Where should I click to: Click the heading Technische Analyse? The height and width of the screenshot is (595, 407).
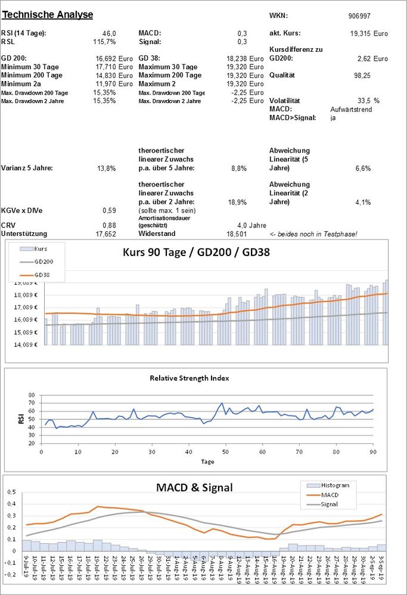pos(47,14)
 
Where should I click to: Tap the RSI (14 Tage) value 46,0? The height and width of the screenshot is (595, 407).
pos(110,33)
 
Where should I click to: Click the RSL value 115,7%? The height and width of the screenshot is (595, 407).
pos(105,42)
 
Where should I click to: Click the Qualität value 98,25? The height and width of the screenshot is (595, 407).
pos(362,76)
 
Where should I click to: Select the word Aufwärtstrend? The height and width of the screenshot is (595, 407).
pos(350,110)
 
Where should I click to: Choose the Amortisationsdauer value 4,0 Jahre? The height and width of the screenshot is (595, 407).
pos(251,225)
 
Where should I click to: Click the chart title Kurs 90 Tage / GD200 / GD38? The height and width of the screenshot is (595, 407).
pos(196,252)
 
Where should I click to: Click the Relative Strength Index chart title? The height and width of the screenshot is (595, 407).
pos(189,378)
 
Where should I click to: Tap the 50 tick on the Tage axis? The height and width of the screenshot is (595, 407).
pos(225,452)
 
